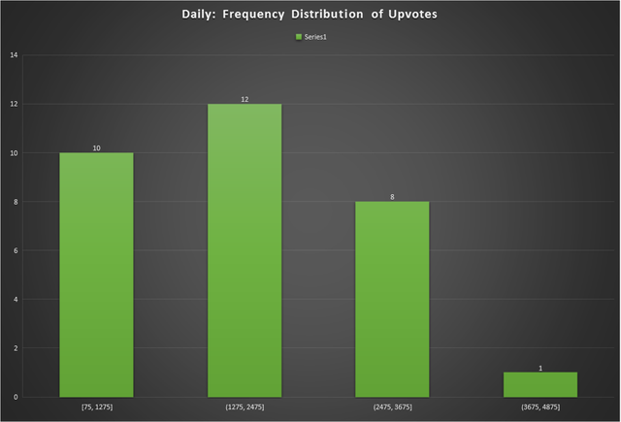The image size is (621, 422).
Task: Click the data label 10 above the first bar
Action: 97,148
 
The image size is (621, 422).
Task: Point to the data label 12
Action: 245,99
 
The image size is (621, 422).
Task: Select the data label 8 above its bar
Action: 392,197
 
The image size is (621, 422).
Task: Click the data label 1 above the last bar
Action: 540,368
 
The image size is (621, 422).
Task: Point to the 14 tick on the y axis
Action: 14,55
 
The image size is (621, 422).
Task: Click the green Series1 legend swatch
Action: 299,37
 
